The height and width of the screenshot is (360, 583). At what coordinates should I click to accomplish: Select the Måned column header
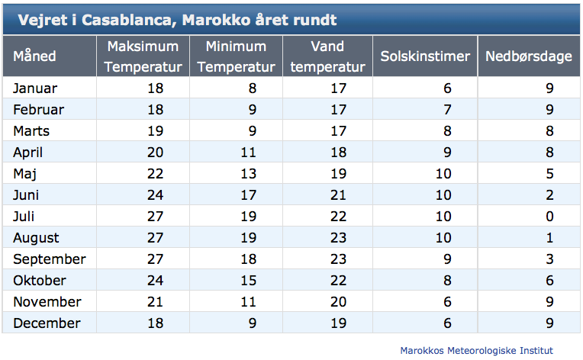(34, 56)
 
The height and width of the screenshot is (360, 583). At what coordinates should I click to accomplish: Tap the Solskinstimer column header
(425, 56)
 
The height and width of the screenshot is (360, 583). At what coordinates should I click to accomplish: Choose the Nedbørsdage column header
(528, 56)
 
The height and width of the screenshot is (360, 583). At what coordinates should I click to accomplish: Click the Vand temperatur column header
(327, 56)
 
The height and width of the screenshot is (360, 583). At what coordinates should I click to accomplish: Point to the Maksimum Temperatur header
(143, 56)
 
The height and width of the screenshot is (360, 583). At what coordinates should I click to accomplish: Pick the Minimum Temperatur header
(236, 56)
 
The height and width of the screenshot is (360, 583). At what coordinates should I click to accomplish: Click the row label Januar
(35, 88)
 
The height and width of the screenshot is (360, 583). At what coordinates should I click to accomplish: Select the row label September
(50, 259)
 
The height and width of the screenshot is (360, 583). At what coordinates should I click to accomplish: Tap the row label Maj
(24, 174)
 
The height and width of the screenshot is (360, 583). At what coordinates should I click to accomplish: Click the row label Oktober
(40, 281)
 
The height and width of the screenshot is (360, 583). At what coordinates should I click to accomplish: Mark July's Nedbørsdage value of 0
(549, 217)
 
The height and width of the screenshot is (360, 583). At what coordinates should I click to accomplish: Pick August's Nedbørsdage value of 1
(549, 238)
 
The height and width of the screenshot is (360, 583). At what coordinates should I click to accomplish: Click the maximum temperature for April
(155, 153)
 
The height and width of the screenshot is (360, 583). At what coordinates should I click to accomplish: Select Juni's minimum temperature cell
(248, 195)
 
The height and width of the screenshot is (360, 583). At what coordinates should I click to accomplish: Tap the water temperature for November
(338, 302)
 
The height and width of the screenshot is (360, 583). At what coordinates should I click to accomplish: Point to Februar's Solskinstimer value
(447, 110)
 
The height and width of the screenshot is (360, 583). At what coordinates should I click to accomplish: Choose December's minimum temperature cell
(252, 323)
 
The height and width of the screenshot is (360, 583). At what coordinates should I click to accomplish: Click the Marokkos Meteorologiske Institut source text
(476, 350)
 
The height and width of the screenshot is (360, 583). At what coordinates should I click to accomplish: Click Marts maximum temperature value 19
(155, 131)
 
